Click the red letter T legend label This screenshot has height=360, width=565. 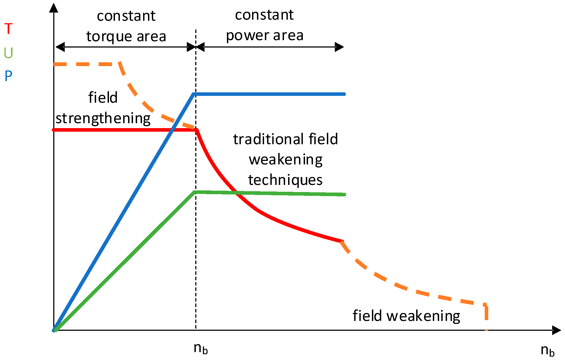[8, 29]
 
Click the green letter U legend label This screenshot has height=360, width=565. [8, 53]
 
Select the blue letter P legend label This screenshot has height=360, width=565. [8, 76]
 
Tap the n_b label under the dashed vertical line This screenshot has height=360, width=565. [201, 349]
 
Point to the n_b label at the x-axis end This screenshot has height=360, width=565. [548, 350]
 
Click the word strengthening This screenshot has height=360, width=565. [103, 118]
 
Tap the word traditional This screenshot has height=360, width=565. [269, 139]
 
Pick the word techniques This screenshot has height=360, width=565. [285, 180]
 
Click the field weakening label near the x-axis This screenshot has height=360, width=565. [406, 316]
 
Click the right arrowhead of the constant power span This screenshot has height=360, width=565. [339, 47]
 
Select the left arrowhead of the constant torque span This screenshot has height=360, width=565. [60, 47]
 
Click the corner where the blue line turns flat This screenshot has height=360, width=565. [194, 94]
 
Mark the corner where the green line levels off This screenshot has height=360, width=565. [194, 192]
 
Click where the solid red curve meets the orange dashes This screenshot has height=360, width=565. [342, 241]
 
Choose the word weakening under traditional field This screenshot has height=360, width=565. [286, 160]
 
